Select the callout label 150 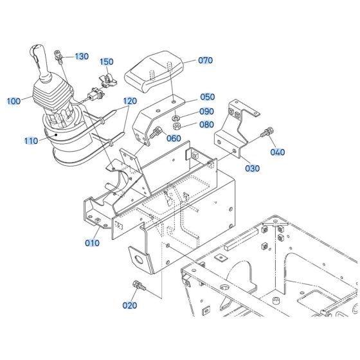click(x=106, y=62)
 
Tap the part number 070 click(x=204, y=61)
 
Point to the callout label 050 click(x=207, y=97)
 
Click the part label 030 click(x=253, y=168)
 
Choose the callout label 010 click(x=93, y=243)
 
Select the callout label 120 click(x=130, y=102)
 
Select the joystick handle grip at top click(x=38, y=57)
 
